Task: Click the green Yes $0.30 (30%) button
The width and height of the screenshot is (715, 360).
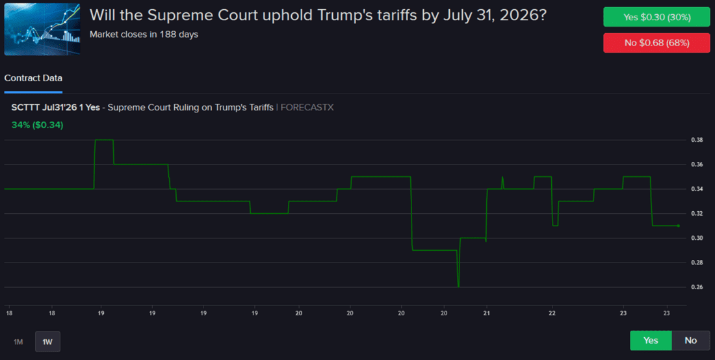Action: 656,17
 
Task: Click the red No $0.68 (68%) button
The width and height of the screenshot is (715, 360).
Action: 656,43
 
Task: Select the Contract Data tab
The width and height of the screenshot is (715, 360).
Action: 33,78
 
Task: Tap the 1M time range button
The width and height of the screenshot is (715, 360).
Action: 18,341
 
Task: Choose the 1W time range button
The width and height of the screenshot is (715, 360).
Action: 47,341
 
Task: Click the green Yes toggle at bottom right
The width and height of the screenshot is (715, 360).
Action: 651,341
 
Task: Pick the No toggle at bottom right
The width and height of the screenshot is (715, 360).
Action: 690,341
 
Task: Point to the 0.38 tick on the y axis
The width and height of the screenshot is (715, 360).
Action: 696,140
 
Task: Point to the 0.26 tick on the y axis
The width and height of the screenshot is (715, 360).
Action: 696,287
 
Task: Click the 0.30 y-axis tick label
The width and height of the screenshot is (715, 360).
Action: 696,238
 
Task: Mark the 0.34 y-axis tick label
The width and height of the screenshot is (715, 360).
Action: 696,189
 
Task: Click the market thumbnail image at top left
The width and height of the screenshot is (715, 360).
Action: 42,29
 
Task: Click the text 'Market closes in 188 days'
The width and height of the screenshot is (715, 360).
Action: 144,34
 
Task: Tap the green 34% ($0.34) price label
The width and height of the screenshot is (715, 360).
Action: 37,125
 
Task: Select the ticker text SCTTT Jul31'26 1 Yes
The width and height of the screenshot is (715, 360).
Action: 55,107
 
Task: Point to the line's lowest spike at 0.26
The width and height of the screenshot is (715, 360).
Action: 458,286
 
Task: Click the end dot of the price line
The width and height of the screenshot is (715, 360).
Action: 679,225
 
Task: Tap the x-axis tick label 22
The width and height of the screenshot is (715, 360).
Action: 552,313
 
